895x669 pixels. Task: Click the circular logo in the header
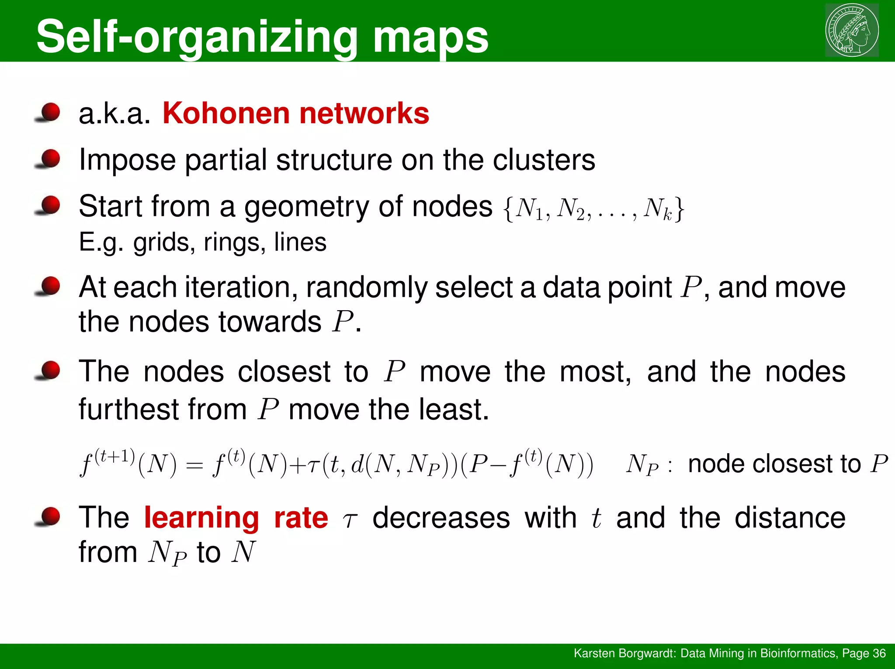pos(852,30)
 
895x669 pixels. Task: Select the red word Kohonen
pos(226,113)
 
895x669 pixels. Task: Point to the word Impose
pos(128,160)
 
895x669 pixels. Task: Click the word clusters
pos(544,160)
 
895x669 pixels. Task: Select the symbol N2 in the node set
pos(571,209)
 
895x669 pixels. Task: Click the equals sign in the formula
pos(194,465)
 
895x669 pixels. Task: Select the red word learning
pos(201,518)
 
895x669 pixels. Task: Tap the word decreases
pos(441,518)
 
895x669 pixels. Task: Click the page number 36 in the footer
pos(879,653)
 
